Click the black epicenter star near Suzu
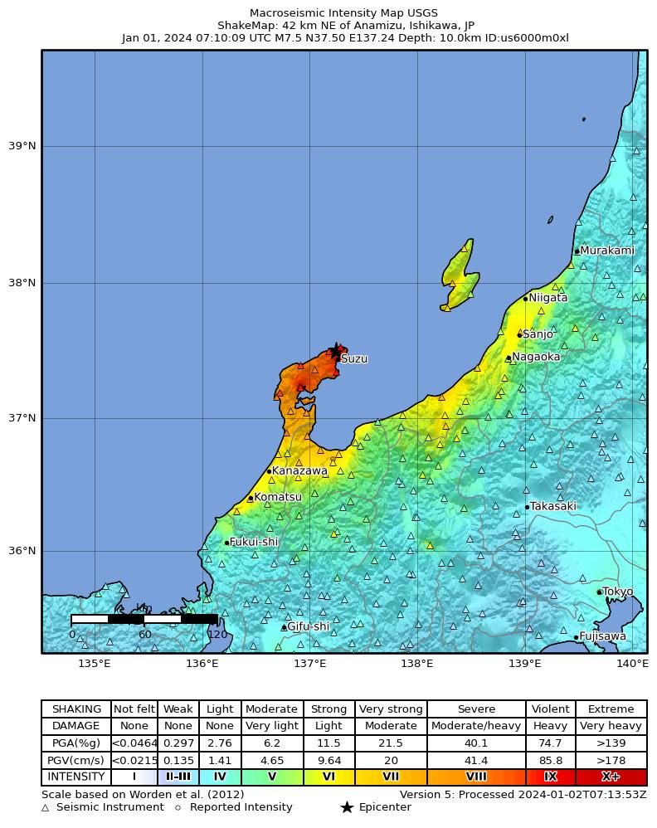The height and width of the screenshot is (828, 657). point(336,351)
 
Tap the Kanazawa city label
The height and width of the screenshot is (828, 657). point(299,471)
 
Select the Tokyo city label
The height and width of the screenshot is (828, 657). point(617,592)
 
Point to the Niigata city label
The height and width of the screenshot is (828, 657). point(548,298)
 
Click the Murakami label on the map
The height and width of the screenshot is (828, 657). point(606,251)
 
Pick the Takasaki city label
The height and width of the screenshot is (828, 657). point(552,506)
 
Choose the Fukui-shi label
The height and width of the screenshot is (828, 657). point(254,543)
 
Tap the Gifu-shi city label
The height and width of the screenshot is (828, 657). point(308,627)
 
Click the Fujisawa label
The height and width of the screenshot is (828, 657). point(602,637)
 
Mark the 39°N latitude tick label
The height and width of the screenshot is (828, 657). point(22,147)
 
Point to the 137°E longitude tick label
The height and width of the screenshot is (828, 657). point(309,663)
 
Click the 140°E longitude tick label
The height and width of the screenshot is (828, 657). point(632,663)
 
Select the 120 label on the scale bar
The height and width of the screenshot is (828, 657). point(217,635)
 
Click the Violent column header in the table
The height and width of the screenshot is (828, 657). point(550,709)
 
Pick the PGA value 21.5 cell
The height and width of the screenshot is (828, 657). point(391,743)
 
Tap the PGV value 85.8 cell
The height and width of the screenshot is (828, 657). point(550,760)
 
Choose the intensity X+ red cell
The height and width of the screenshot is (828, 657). point(611,777)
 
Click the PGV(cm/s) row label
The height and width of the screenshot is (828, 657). point(76,760)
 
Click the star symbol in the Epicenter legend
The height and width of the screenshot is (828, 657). point(347,807)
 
